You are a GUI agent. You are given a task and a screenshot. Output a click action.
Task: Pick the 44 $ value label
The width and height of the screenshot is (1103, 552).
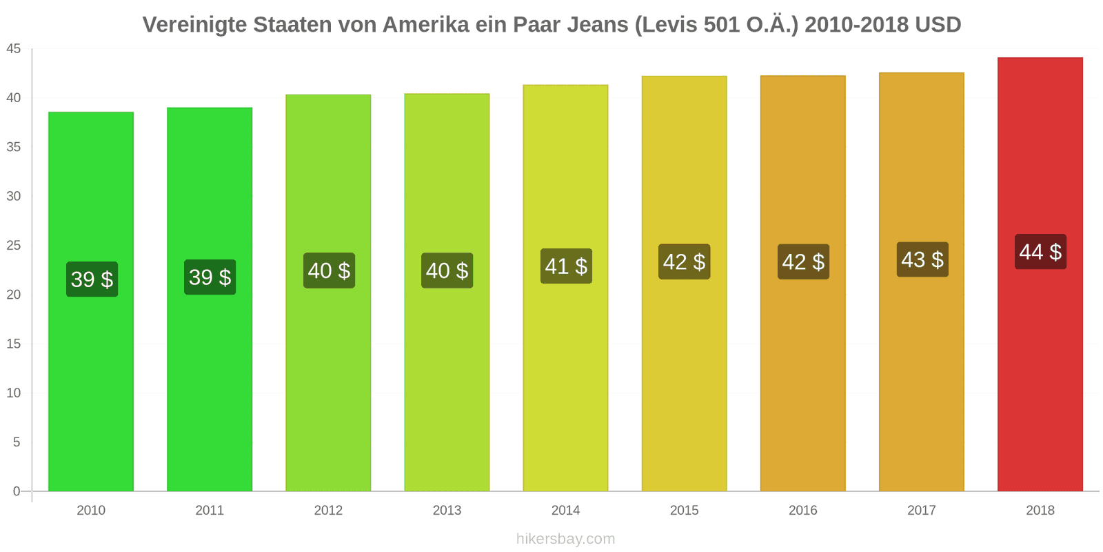(x=1040, y=252)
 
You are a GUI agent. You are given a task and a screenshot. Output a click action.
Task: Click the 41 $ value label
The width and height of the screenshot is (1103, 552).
(x=566, y=266)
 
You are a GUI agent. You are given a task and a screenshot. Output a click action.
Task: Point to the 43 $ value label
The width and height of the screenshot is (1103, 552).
(x=922, y=259)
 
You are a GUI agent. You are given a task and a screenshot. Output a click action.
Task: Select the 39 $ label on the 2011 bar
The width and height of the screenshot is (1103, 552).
(x=210, y=277)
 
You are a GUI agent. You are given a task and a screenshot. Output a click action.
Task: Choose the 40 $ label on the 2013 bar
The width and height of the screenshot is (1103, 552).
(x=447, y=270)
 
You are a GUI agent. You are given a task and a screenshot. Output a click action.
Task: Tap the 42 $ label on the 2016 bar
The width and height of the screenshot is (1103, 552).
(x=803, y=262)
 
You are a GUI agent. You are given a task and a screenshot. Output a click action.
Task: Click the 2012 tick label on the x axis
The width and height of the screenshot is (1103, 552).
(x=328, y=511)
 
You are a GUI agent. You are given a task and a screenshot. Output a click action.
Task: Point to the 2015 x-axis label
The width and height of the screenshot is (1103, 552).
(x=684, y=511)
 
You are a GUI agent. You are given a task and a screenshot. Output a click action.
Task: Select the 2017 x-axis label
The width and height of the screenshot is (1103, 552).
(x=922, y=511)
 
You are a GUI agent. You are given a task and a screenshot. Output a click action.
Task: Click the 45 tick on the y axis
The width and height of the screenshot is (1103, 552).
(x=14, y=49)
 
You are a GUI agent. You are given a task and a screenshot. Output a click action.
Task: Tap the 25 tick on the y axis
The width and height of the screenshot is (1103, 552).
(x=14, y=246)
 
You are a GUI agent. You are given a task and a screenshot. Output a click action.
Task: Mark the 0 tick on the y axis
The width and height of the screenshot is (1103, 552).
(x=17, y=491)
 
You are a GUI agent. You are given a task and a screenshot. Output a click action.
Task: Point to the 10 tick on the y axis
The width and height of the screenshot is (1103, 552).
(x=14, y=393)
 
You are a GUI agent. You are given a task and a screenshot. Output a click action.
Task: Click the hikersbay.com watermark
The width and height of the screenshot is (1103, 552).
(x=565, y=539)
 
